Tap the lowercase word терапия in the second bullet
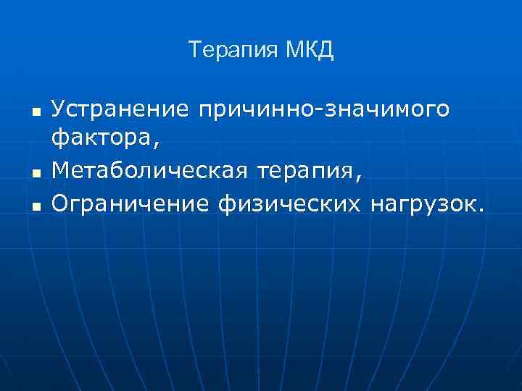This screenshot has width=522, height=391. (302, 171)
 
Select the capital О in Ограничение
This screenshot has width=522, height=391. (60, 205)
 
